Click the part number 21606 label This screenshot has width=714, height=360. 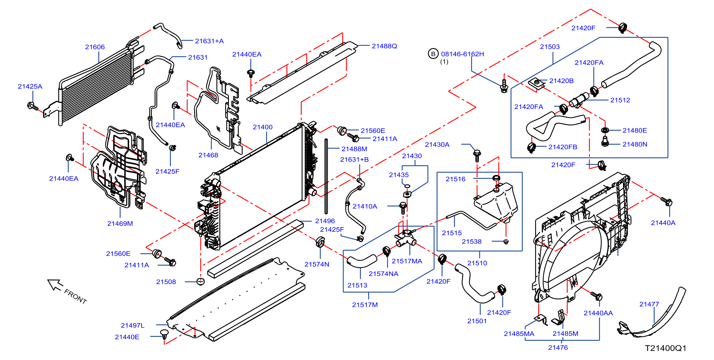coord(95,47)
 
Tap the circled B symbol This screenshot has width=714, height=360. coord(433,54)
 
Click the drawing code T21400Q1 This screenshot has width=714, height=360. coord(666,348)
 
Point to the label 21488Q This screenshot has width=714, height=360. coord(384,46)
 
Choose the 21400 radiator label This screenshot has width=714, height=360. coord(262,127)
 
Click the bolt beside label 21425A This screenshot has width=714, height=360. coord(33,106)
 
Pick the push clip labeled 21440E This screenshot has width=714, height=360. coord(164,334)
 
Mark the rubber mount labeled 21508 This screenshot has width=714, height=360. coord(200,281)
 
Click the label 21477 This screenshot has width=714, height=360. coord(649,304)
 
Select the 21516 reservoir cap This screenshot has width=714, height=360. coord(496,178)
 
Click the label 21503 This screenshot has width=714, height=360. coord(550,47)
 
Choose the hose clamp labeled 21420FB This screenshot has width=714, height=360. coord(531,147)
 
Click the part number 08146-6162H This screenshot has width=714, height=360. coord(462,54)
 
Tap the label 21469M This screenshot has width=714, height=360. coord(120,223)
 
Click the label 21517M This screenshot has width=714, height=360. coord(365,305)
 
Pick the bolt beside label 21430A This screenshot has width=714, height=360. coord(477,155)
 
